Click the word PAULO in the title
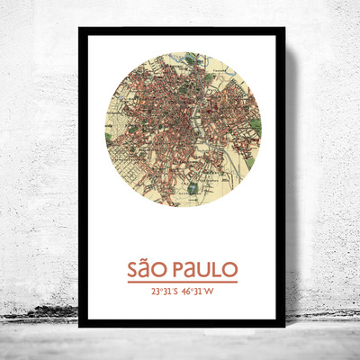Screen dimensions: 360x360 pos(203,269)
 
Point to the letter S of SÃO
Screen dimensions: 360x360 pos(134,269)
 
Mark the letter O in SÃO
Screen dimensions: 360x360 pos(162,269)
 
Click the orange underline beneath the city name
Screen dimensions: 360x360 pos(183,282)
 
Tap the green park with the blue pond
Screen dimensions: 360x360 pos(193,188)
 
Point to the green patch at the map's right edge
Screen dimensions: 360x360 pos(256,126)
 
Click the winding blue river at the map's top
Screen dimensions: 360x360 pos(189,63)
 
